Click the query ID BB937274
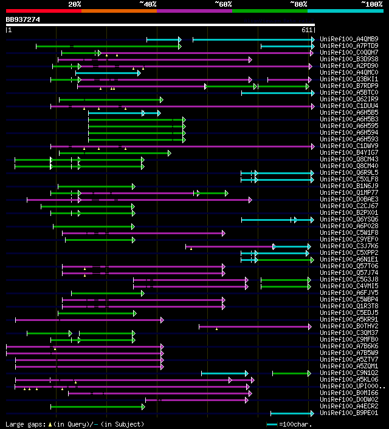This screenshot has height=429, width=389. coord(23,19)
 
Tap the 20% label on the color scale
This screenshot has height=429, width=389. coord(75,4)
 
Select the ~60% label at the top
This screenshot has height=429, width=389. coord(223,4)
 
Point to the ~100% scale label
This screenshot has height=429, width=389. coord(371,4)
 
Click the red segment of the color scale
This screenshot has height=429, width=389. coord(43,11)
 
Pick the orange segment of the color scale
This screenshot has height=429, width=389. coord(119,11)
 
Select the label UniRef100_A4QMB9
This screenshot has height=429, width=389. coord(349,39)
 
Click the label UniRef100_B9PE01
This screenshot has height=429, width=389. coord(349,413)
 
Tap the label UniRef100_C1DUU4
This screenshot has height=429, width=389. coord(349,106)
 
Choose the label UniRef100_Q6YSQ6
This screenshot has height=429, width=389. coord(349,220)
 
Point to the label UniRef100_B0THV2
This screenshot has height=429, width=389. coord(349,326)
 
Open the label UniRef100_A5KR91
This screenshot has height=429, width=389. coord(349,320)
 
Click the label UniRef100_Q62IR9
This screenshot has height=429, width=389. coord(349,100)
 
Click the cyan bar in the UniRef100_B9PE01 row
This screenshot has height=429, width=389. coord(292,413)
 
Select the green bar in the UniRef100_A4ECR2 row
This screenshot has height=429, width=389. coord(97,407)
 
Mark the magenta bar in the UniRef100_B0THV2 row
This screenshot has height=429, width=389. coord(255,326)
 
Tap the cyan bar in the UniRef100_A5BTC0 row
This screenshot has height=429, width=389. coord(277,93)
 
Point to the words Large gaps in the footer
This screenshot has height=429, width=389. coord(23,424)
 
